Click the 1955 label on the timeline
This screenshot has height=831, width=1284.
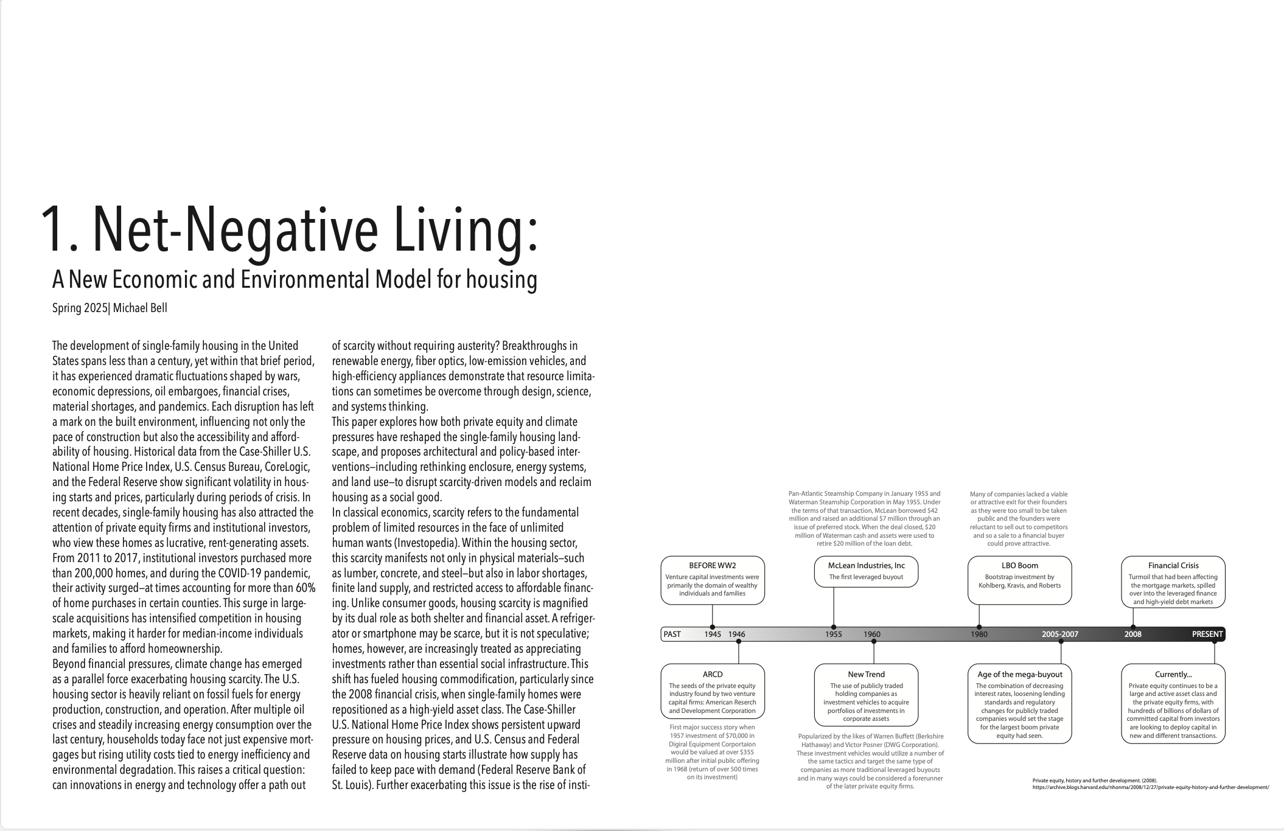[x=833, y=634]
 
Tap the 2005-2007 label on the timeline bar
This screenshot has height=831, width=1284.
[x=1059, y=634]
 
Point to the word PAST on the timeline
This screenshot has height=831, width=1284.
[x=672, y=634]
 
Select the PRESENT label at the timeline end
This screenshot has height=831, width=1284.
[x=1207, y=634]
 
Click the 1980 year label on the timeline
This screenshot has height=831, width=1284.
[x=979, y=634]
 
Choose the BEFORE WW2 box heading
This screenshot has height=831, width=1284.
[x=712, y=565]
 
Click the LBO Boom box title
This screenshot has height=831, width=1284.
[x=1019, y=565]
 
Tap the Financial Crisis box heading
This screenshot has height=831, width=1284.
[x=1173, y=565]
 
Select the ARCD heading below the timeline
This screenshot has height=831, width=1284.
[x=712, y=674]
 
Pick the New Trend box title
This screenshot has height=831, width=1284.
[x=866, y=674]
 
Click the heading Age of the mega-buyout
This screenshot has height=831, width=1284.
[x=1019, y=674]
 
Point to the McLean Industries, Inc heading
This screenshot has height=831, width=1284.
[x=866, y=565]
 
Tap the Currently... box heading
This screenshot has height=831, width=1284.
[x=1173, y=674]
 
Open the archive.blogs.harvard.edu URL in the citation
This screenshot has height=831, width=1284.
[x=1151, y=787]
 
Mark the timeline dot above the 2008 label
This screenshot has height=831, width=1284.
[x=1132, y=627]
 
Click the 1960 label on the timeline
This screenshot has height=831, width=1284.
[x=871, y=634]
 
